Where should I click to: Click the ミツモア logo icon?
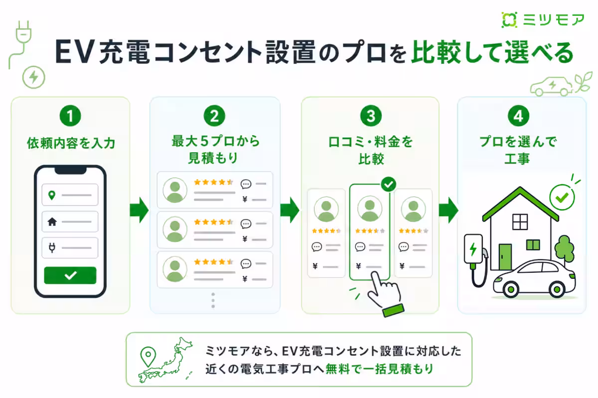point(509,20)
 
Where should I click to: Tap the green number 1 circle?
point(70,116)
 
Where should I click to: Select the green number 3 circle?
point(371,116)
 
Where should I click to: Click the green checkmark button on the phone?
point(70,275)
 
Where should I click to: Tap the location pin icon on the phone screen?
point(52,195)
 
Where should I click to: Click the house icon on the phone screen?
point(52,221)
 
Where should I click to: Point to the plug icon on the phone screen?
point(52,247)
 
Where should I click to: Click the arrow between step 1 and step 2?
point(139,210)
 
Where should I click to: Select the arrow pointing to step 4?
point(448,210)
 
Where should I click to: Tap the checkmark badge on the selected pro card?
point(388,184)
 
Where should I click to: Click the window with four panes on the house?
point(520,222)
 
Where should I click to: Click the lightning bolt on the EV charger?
point(473,249)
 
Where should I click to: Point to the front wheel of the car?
point(511,289)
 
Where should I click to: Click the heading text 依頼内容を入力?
point(71,143)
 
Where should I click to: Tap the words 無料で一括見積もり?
point(379,369)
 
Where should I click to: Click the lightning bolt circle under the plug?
point(34,77)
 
